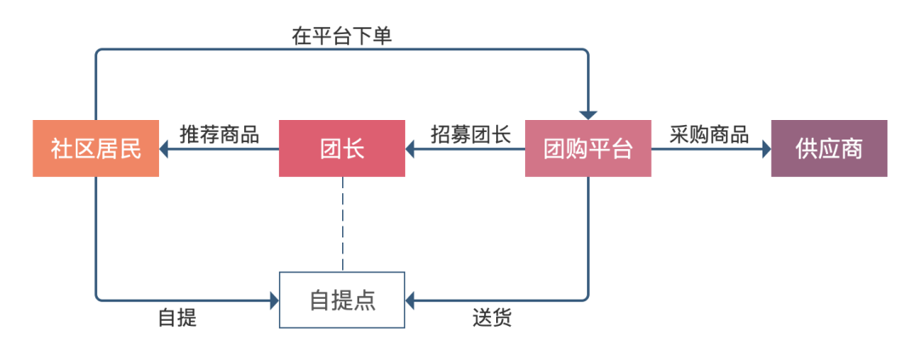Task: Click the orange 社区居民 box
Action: pos(95,149)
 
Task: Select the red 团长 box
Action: pos(342,149)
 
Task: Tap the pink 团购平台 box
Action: pos(588,149)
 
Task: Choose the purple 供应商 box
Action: pos(829,149)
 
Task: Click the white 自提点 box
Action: pos(342,300)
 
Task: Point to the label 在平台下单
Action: pos(341,37)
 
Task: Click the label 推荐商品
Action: pos(220,134)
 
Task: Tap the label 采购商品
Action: pos(709,134)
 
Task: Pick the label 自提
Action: pos(177,318)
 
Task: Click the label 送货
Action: pos(492,318)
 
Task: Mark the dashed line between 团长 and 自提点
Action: pos(342,224)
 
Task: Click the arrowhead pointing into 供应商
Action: pos(765,150)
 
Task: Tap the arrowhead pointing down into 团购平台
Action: pos(588,115)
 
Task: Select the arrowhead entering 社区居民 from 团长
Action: pos(165,150)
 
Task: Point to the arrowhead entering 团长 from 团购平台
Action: pos(411,150)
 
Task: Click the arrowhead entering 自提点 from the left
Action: pos(274,300)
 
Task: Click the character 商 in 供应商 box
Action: pos(852,149)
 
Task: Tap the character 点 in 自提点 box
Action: pos(365,300)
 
